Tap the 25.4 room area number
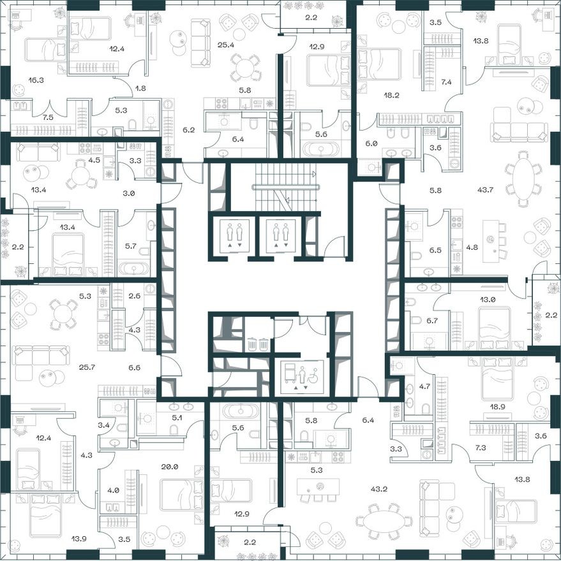[x=226, y=45]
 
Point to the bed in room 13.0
[x=495, y=326]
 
